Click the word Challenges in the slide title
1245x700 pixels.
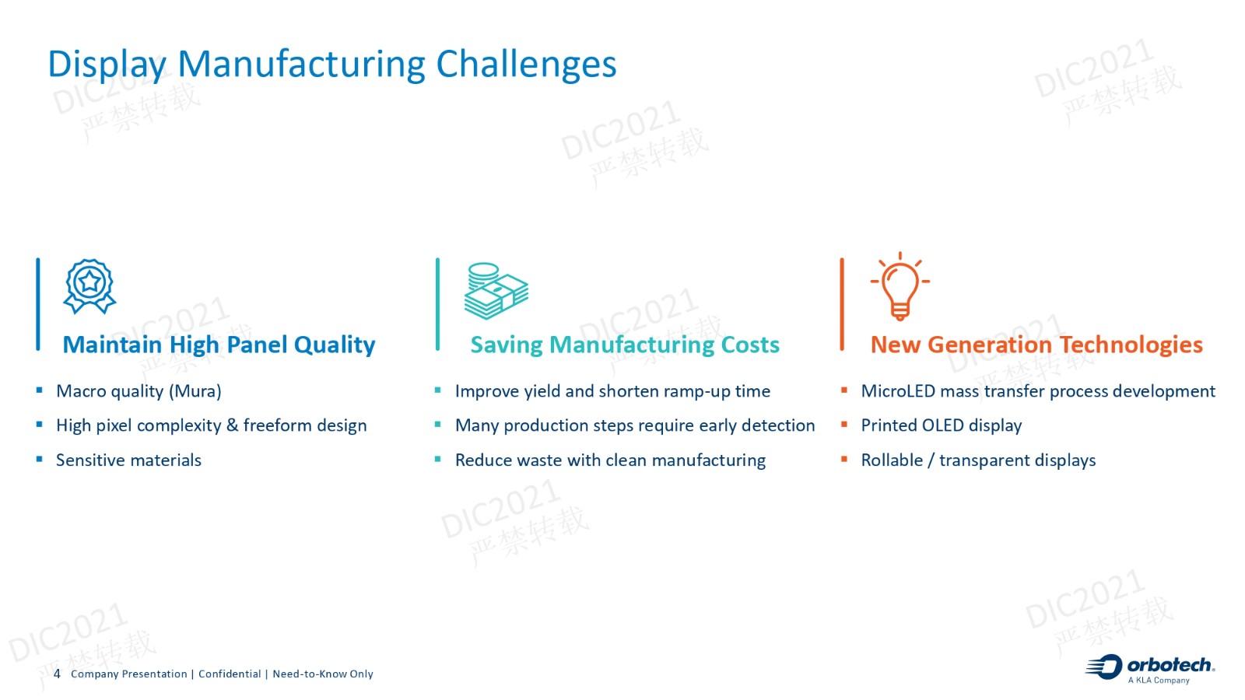[x=526, y=65]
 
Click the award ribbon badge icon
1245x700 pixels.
[x=89, y=287]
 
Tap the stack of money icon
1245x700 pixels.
[x=496, y=291]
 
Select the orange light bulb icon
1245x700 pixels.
[x=900, y=287]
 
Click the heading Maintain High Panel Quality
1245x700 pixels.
[x=219, y=345]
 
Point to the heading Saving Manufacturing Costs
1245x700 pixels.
[x=625, y=345]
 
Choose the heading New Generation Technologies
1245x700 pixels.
[x=1036, y=345]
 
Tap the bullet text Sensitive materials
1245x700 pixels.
[x=128, y=460]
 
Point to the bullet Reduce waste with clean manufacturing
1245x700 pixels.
[x=610, y=460]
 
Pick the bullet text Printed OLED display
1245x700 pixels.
[x=942, y=425]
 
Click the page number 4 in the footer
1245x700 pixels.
[x=57, y=674]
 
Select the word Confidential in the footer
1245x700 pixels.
[x=230, y=674]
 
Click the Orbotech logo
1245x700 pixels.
[x=1150, y=668]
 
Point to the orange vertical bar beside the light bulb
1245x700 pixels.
[x=842, y=304]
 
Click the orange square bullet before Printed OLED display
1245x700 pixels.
[x=844, y=425]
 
